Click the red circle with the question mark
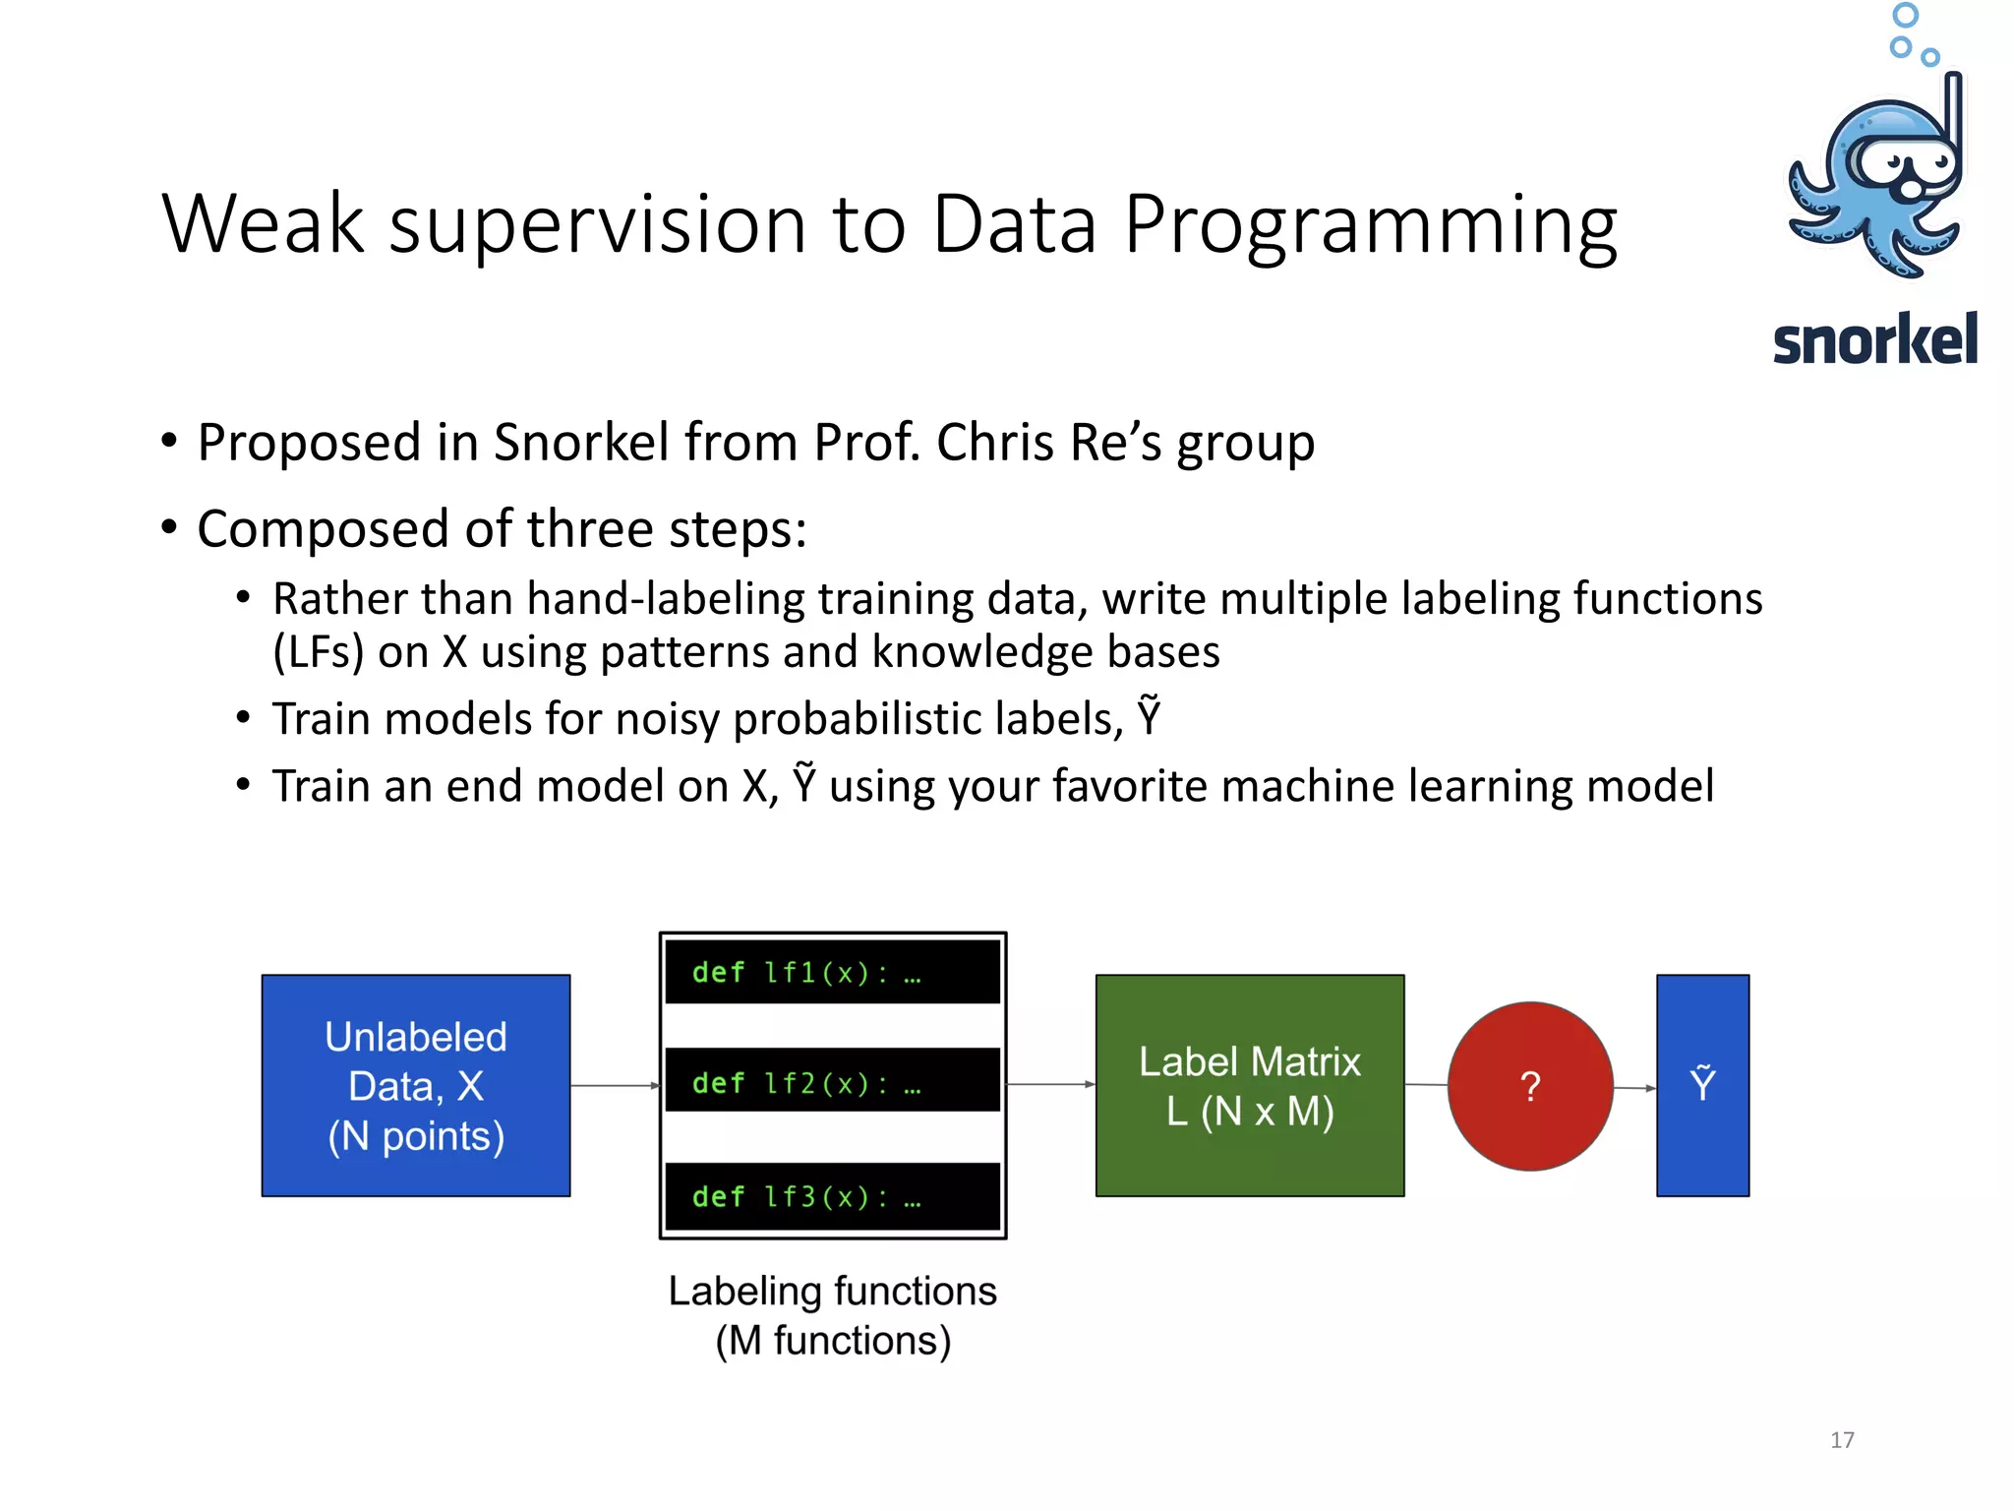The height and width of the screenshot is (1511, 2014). (x=1530, y=1086)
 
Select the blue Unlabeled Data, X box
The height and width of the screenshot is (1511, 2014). (x=416, y=1085)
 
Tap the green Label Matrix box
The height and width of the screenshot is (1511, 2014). (x=1250, y=1085)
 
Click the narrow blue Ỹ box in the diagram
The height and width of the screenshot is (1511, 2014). (x=1702, y=1085)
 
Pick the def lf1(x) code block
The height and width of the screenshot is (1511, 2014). (x=832, y=972)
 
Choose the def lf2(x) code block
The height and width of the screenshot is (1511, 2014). (x=832, y=1081)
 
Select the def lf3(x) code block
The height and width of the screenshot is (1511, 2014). (x=832, y=1196)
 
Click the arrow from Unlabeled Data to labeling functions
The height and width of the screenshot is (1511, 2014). (x=615, y=1085)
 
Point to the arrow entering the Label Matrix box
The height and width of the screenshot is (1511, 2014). (x=1050, y=1084)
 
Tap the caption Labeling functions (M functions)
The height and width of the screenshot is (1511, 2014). (x=832, y=1315)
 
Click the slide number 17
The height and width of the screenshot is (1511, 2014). (x=1842, y=1440)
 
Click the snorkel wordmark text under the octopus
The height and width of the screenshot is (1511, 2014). (x=1874, y=340)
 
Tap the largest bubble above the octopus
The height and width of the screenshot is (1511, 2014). (x=1905, y=15)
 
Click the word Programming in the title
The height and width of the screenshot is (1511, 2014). (x=1370, y=225)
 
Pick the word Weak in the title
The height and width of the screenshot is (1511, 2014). (x=263, y=225)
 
